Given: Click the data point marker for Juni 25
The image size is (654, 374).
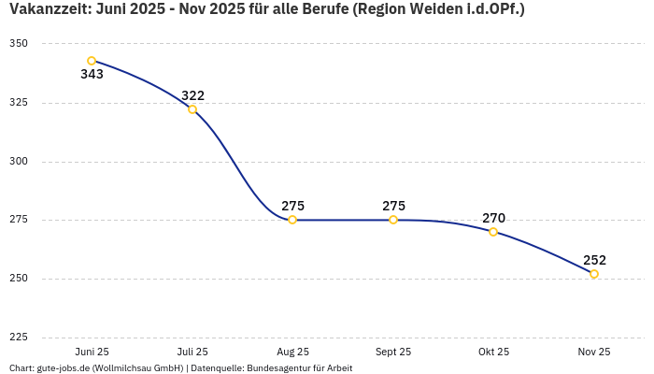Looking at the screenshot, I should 92,61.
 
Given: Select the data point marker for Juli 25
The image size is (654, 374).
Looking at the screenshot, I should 192,109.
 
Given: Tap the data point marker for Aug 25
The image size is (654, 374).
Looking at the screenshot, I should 292,220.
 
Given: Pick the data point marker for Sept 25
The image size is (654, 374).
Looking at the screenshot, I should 393,220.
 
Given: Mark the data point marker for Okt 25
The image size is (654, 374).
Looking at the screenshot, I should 493,232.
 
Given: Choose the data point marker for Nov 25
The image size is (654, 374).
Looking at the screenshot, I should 594,274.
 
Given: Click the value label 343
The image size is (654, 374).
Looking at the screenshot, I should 92,75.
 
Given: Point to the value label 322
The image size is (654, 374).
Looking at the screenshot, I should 192,95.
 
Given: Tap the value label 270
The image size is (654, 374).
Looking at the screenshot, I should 493,218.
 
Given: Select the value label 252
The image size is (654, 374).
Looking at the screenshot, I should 594,260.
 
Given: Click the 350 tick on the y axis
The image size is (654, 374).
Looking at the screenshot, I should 19,44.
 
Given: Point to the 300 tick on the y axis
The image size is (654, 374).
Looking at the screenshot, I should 19,161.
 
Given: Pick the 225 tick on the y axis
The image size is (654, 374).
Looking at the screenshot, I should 19,337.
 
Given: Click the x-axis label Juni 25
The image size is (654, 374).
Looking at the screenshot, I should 92,352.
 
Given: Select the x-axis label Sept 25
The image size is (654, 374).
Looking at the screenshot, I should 393,352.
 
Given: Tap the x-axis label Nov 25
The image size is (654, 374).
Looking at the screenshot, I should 594,352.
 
